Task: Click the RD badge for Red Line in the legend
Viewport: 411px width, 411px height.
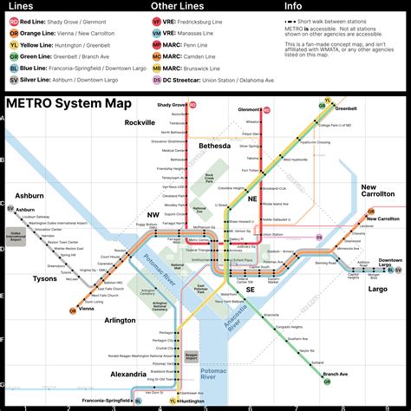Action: [13, 20]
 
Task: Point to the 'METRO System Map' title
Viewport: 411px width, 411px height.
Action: [68, 104]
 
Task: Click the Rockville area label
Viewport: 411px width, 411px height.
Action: [139, 124]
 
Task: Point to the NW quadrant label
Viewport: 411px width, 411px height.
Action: [153, 214]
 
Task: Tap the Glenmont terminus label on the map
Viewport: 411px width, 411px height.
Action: [249, 110]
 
